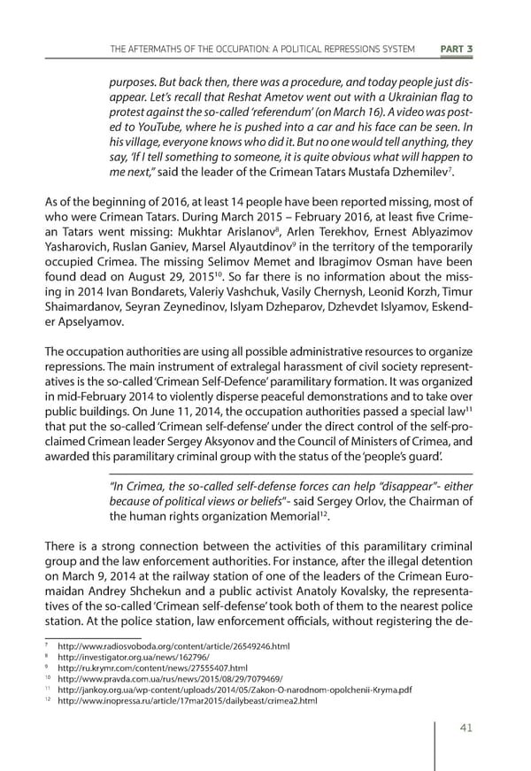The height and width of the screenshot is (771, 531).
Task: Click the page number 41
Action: pyautogui.click(x=458, y=728)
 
